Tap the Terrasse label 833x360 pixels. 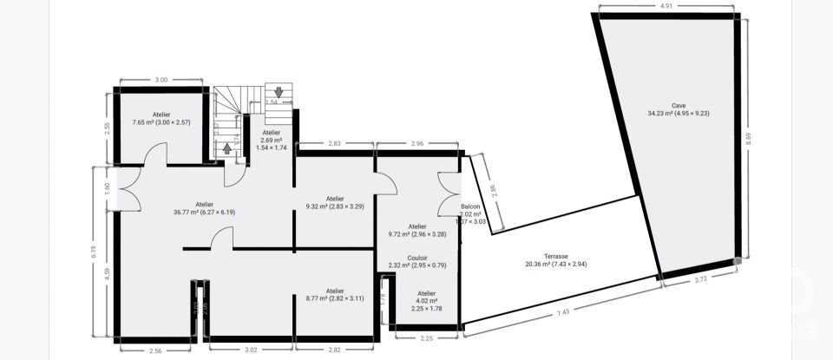pos(556,260)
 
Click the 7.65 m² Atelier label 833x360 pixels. pos(161,118)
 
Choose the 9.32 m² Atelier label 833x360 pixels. pos(335,202)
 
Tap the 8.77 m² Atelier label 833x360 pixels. pos(334,294)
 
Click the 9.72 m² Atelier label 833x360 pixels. pos(417,230)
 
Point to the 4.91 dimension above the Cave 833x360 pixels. pos(666,6)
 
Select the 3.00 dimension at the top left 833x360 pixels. pos(161,80)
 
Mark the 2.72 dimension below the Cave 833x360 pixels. pos(703,280)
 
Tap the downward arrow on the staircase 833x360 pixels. pos(278,91)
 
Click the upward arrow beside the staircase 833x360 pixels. pos(227,147)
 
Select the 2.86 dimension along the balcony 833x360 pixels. pos(494,193)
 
